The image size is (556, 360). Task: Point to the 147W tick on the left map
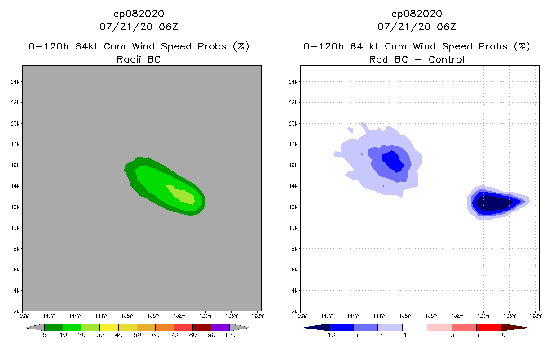pyautogui.click(x=48, y=315)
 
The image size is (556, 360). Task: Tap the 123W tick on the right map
pyautogui.click(x=535, y=315)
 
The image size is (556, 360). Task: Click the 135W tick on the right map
pyautogui.click(x=431, y=315)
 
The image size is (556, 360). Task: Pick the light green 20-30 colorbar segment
pyautogui.click(x=90, y=327)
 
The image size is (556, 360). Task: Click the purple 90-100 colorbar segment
pyautogui.click(x=220, y=327)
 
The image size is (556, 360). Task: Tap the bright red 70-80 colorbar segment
pyautogui.click(x=183, y=327)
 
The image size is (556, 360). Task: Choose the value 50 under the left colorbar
pyautogui.click(x=137, y=335)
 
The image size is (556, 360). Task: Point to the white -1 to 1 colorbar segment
pyautogui.click(x=414, y=327)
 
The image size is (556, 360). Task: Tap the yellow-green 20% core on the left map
pyautogui.click(x=182, y=195)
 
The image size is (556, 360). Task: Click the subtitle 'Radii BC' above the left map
pyautogui.click(x=139, y=59)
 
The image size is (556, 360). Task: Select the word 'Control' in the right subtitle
pyautogui.click(x=447, y=59)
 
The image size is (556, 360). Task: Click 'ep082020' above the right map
pyautogui.click(x=417, y=13)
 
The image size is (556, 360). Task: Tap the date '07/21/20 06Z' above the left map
pyautogui.click(x=139, y=27)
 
